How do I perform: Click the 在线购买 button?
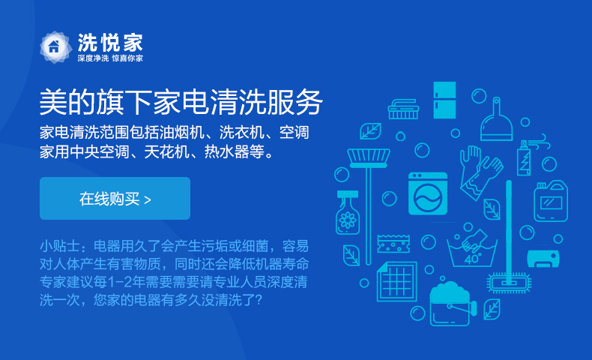(115, 198)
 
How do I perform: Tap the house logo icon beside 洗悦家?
(55, 47)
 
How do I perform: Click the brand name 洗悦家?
(110, 42)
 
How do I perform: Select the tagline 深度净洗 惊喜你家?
(110, 58)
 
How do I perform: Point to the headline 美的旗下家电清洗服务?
(181, 102)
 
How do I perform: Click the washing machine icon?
(428, 193)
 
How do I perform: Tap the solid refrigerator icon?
(444, 100)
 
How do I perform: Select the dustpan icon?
(496, 120)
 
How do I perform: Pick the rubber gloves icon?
(480, 171)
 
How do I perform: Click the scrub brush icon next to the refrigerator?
(403, 109)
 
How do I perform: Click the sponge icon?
(393, 244)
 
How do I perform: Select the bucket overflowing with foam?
(452, 304)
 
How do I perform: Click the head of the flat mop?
(509, 283)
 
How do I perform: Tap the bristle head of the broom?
(369, 157)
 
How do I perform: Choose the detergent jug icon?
(551, 201)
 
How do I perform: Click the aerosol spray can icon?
(524, 158)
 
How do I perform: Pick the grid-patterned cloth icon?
(397, 281)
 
